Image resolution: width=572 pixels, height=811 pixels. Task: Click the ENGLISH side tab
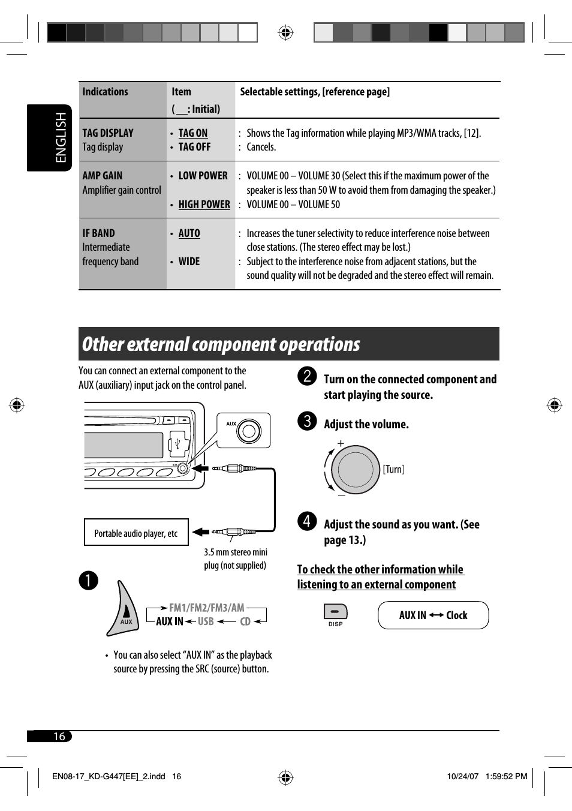tap(61, 137)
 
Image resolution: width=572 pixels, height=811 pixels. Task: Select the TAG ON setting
tap(192, 133)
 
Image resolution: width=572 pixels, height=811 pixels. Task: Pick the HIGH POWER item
tap(204, 205)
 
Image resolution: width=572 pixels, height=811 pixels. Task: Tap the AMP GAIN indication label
tap(103, 176)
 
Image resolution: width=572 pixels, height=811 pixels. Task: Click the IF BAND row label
tap(98, 233)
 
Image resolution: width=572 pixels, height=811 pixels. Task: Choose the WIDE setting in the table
tap(189, 262)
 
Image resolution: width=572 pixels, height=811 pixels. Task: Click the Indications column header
tap(105, 92)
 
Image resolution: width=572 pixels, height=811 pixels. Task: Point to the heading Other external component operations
tap(221, 344)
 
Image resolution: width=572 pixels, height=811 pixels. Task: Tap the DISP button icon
tap(335, 612)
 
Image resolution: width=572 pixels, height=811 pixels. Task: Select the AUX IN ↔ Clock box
tap(433, 615)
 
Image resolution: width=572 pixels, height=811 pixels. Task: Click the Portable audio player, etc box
tap(136, 533)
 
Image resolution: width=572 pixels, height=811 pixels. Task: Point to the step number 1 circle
tap(88, 580)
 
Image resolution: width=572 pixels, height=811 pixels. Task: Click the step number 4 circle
tap(307, 521)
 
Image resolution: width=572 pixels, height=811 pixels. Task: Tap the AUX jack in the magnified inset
tap(248, 431)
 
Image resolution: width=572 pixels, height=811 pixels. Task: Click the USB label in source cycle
tap(206, 621)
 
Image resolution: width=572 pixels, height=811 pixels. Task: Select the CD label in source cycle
tap(245, 621)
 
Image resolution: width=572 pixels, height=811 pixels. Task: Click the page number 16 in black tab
tap(59, 736)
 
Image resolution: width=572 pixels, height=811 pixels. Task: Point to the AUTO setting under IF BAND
tap(189, 233)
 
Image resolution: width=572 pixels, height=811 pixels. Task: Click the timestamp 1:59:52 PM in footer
tap(506, 776)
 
